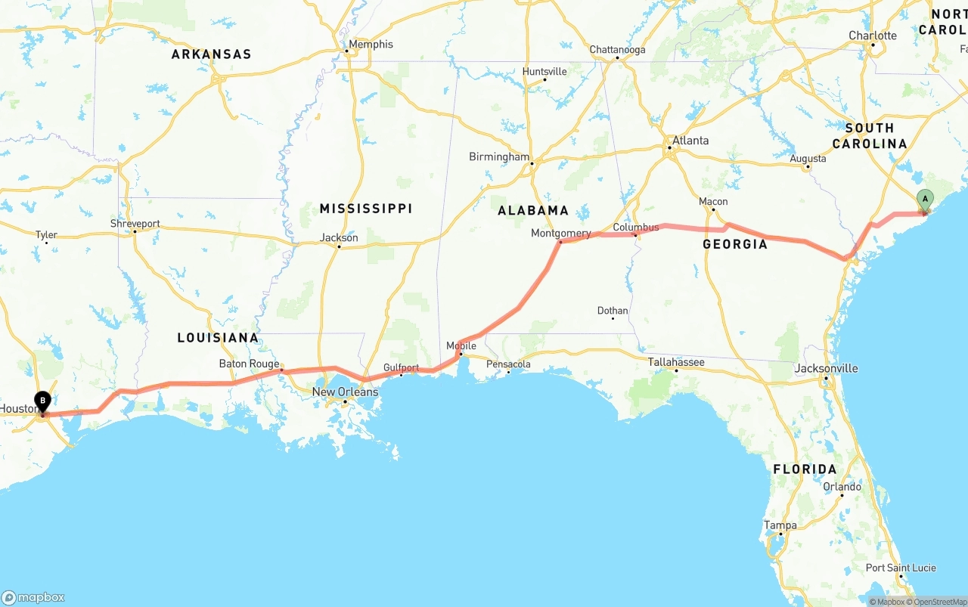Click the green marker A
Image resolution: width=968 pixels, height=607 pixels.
point(924,200)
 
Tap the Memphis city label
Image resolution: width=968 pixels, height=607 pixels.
point(371,45)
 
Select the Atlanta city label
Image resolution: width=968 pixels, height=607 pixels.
point(690,141)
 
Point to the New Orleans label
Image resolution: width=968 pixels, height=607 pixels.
point(345,392)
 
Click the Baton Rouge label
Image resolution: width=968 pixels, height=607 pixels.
point(249,364)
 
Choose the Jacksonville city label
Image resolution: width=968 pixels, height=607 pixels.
point(827,368)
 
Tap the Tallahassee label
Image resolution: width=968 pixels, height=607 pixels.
point(676,362)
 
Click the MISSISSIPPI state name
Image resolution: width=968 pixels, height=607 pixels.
point(366,208)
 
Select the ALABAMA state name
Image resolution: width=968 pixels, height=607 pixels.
point(533,210)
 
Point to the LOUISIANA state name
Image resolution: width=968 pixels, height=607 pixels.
point(219,337)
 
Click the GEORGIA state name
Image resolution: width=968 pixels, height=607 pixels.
point(735,243)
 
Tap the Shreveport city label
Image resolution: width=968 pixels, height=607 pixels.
point(135,224)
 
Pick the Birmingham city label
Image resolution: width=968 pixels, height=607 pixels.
point(499,156)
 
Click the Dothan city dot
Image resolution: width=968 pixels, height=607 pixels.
point(613,318)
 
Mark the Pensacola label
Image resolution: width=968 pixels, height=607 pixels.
point(508,364)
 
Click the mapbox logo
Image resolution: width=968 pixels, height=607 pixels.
point(34,597)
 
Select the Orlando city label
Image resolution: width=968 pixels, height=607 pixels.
point(842,486)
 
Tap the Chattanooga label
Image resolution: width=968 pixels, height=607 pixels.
point(618,50)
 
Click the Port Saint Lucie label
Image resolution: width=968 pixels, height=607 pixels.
point(901,568)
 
